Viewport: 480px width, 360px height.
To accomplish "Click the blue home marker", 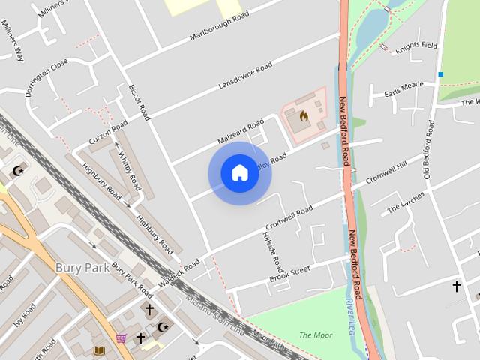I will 239,173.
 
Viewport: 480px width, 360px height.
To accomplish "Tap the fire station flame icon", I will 304,116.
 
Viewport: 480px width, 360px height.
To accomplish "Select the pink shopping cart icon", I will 121,338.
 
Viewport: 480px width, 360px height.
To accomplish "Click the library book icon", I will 98,350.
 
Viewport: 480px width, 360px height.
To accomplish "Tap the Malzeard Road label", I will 241,130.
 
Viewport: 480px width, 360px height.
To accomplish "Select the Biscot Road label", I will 140,102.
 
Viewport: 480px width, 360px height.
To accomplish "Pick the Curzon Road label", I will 109,130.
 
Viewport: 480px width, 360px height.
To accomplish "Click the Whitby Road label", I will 129,171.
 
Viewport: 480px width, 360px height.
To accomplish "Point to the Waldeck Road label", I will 180,271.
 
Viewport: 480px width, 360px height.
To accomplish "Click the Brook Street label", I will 289,274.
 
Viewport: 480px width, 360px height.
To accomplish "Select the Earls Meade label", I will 403,88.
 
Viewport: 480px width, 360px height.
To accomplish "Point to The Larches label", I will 406,202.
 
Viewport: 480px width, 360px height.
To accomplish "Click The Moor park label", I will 315,334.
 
